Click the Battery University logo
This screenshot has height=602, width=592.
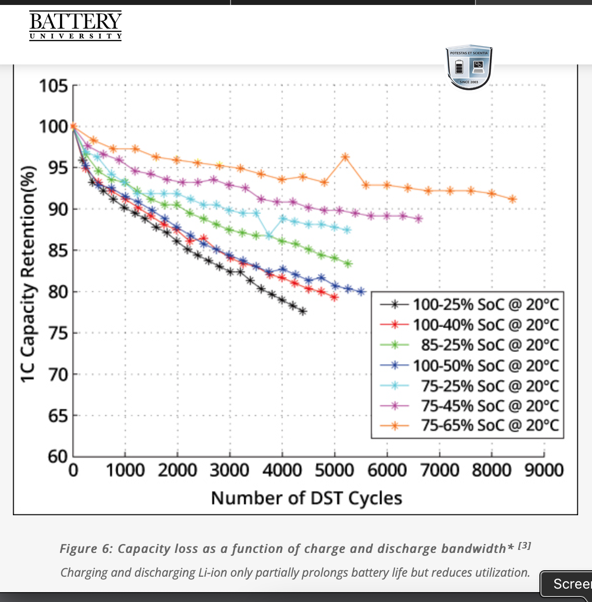75,25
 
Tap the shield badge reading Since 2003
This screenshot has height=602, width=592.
469,68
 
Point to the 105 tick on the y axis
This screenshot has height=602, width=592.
54,86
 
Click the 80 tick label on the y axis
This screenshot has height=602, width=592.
58,292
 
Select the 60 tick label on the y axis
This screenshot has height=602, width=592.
58,456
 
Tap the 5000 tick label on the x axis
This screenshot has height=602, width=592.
334,470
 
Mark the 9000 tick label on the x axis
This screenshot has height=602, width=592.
544,470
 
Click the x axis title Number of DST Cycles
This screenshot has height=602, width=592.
306,498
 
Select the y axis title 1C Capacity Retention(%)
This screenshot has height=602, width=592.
28,274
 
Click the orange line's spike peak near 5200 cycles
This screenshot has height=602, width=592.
346,157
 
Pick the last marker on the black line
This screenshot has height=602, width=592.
302,311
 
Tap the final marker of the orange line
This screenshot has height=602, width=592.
513,199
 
